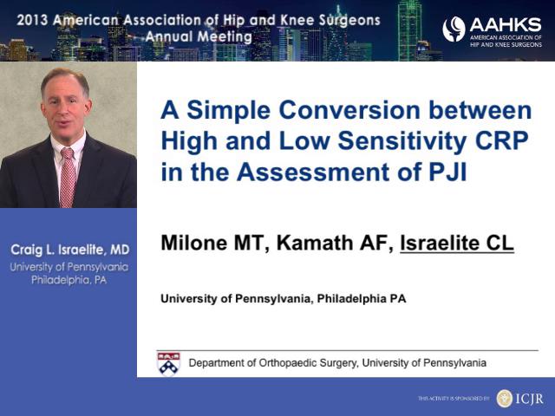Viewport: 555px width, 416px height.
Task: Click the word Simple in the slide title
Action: pos(229,111)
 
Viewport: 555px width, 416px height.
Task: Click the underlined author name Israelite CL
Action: pos(457,243)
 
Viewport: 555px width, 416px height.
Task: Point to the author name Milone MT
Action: pos(212,243)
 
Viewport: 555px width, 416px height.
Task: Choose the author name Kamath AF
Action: pos(335,243)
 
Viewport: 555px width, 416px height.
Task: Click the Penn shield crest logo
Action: pos(168,363)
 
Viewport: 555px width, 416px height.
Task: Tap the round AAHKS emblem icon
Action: pos(454,29)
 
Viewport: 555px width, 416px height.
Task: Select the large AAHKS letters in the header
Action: pos(506,25)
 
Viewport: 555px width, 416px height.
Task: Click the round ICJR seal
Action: pos(504,399)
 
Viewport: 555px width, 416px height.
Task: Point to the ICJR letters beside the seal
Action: pos(529,399)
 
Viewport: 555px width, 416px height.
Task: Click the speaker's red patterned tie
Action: pos(68,178)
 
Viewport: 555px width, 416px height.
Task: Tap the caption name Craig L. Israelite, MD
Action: pos(69,250)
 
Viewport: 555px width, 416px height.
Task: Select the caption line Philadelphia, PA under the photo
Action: pos(69,280)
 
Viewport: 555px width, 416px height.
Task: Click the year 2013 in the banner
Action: pos(32,20)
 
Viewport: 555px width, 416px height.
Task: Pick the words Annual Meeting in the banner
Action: pos(199,36)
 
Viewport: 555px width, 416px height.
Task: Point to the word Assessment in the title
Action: pos(313,172)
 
